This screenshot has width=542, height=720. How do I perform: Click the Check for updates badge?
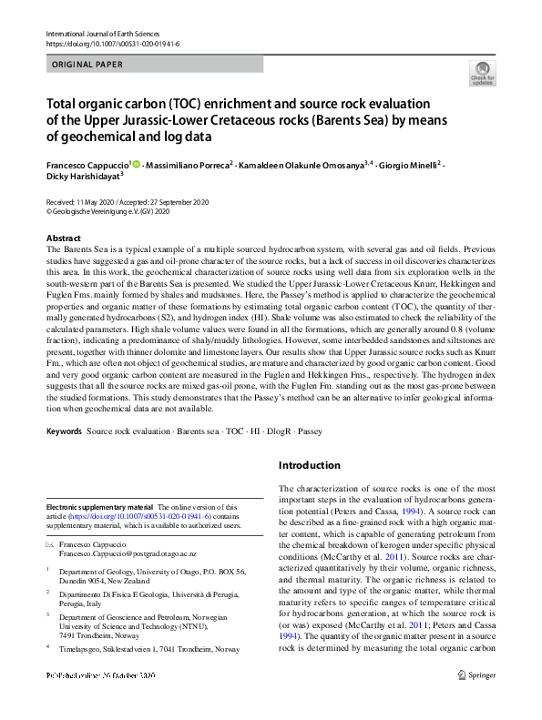click(x=482, y=73)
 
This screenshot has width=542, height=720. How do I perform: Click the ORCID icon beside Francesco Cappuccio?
click(x=137, y=165)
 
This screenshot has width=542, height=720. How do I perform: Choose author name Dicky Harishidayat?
click(x=82, y=178)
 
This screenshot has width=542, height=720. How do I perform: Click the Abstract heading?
click(x=64, y=236)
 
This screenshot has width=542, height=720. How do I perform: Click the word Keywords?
click(x=65, y=429)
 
